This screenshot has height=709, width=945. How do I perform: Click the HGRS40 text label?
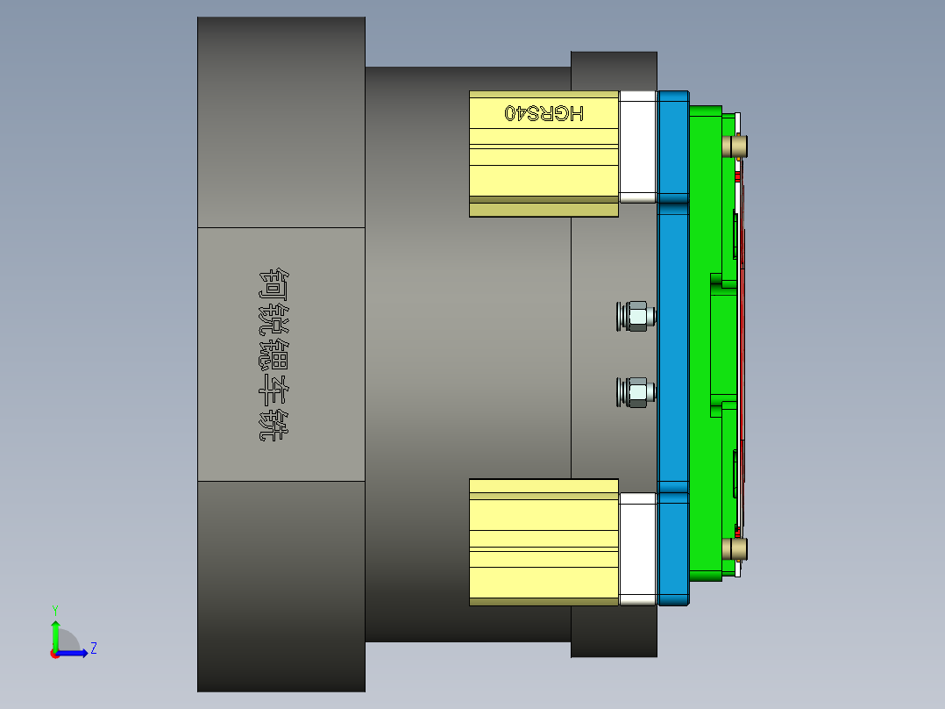click(x=544, y=113)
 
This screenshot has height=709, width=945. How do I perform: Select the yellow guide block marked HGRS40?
click(x=544, y=167)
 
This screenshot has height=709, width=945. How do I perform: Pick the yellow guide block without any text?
click(x=544, y=541)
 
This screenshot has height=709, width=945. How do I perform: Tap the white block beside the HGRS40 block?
click(x=638, y=147)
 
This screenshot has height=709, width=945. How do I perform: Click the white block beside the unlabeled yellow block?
click(x=638, y=548)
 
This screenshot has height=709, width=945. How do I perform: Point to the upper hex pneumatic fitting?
click(x=636, y=316)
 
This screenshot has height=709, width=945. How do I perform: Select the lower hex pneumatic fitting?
click(x=636, y=392)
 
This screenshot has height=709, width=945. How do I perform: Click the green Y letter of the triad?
click(x=55, y=609)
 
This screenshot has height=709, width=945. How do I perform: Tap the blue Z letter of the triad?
click(x=93, y=648)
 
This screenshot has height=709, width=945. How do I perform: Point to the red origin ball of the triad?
click(x=54, y=653)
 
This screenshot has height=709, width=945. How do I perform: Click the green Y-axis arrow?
click(x=55, y=632)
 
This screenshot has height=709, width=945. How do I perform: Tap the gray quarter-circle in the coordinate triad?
click(x=67, y=641)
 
